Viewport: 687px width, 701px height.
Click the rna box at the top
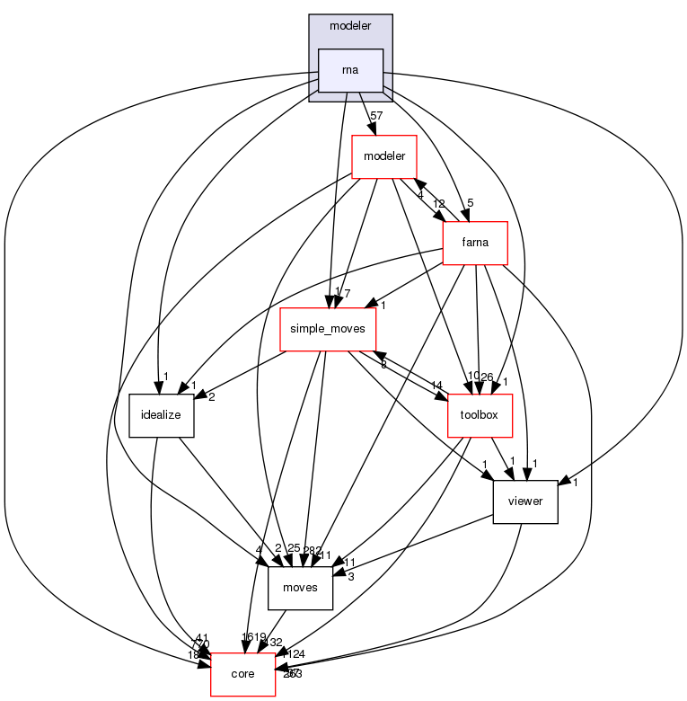[x=351, y=70]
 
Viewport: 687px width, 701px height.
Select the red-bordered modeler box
[x=383, y=156]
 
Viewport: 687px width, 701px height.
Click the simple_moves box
[x=327, y=329]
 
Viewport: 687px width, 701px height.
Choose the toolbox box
[x=480, y=415]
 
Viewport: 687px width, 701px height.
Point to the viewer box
[x=525, y=501]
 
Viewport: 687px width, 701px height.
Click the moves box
[x=301, y=588]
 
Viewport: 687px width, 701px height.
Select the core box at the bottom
[x=242, y=674]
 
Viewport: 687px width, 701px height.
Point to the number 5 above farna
[x=470, y=202]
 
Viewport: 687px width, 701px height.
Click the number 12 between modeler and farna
[x=438, y=203]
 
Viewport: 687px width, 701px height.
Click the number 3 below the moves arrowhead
[x=351, y=576]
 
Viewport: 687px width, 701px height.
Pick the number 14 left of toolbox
[x=436, y=386]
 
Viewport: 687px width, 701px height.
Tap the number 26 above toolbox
[x=488, y=376]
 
